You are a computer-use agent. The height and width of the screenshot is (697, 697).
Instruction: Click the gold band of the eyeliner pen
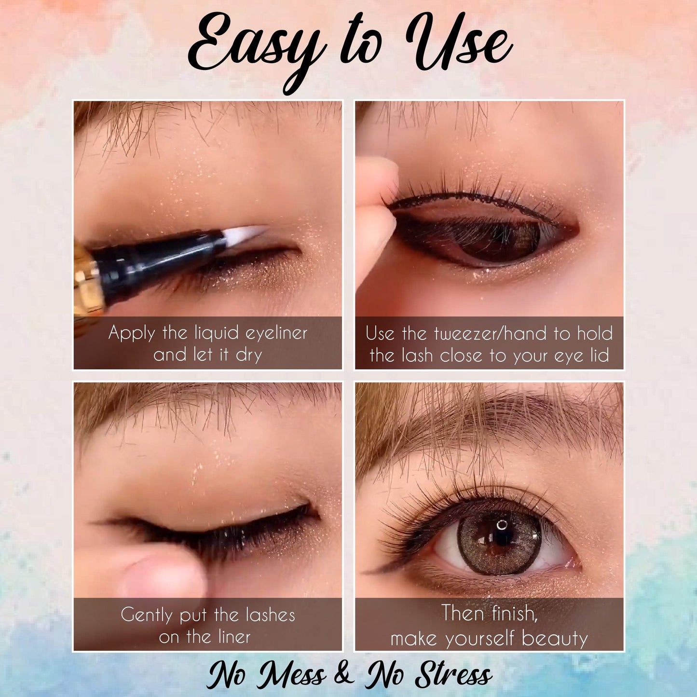[x=87, y=280]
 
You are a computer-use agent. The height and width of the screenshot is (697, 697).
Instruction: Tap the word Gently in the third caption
[x=146, y=615]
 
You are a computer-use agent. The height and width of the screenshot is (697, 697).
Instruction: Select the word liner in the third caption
[x=229, y=637]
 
